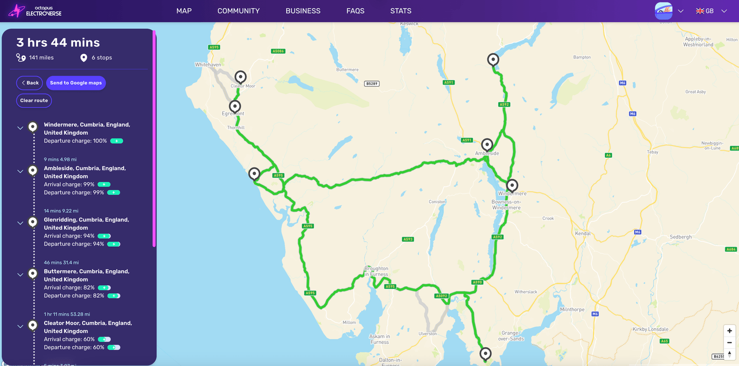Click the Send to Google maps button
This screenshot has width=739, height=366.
click(x=76, y=83)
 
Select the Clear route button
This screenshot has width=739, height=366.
click(x=34, y=101)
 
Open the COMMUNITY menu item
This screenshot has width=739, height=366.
click(x=238, y=11)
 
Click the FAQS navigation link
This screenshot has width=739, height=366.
click(x=355, y=11)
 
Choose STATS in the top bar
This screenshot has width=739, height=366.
click(x=400, y=11)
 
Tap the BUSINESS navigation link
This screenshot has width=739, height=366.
click(x=303, y=11)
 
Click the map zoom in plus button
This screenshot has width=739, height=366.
click(x=729, y=331)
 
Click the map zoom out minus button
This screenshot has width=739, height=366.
click(x=729, y=342)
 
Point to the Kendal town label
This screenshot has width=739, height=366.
click(x=583, y=233)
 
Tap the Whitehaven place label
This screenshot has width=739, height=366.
click(x=208, y=64)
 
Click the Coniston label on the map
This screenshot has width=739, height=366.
click(x=437, y=202)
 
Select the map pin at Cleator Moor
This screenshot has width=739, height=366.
click(x=240, y=77)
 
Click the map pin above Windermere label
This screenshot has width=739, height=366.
click(x=512, y=185)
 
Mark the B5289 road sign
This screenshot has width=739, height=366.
click(x=371, y=84)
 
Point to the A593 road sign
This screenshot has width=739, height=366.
click(x=408, y=239)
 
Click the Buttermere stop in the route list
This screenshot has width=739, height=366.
click(x=87, y=275)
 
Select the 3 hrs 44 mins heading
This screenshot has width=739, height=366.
click(x=58, y=42)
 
